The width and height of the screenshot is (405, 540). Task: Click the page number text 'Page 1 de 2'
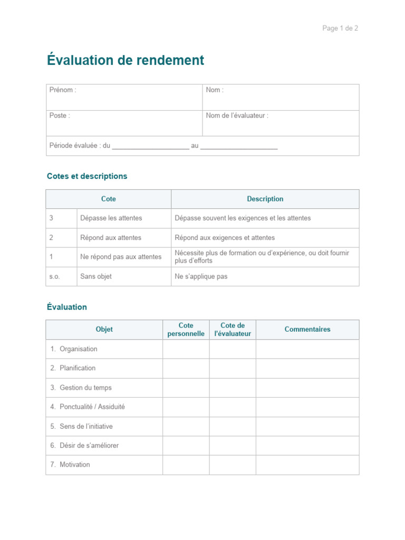340,28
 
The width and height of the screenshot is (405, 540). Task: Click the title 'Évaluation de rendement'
126,61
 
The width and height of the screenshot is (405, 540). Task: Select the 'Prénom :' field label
63,90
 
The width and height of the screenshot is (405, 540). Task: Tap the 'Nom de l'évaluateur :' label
237,115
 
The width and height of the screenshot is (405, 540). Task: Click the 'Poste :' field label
60,115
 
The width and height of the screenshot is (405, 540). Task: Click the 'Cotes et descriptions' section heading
87,176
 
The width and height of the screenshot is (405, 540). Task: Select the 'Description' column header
265,199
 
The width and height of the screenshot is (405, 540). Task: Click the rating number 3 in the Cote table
51,218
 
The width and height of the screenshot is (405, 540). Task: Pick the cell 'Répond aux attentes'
111,238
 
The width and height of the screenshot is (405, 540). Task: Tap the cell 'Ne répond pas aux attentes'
121,257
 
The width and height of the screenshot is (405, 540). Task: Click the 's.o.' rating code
55,276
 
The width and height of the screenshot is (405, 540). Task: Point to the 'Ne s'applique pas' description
201,276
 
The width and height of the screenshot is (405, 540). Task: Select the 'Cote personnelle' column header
186,330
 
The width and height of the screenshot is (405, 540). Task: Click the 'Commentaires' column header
307,330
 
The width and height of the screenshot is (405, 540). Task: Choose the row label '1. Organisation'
74,349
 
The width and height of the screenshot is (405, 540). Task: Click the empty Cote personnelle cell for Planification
186,368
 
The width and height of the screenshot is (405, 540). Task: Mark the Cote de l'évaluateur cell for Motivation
233,465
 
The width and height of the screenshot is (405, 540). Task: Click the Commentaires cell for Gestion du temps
307,388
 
